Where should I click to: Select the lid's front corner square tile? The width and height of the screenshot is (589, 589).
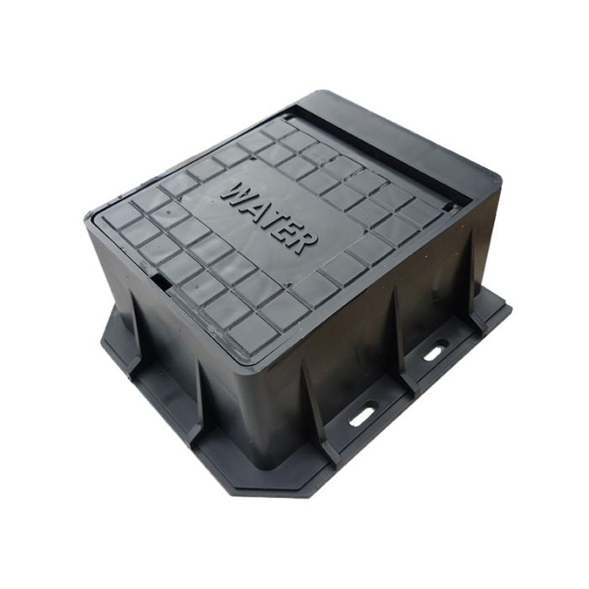point(252,332)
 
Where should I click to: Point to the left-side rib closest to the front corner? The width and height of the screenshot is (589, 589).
point(199,395)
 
